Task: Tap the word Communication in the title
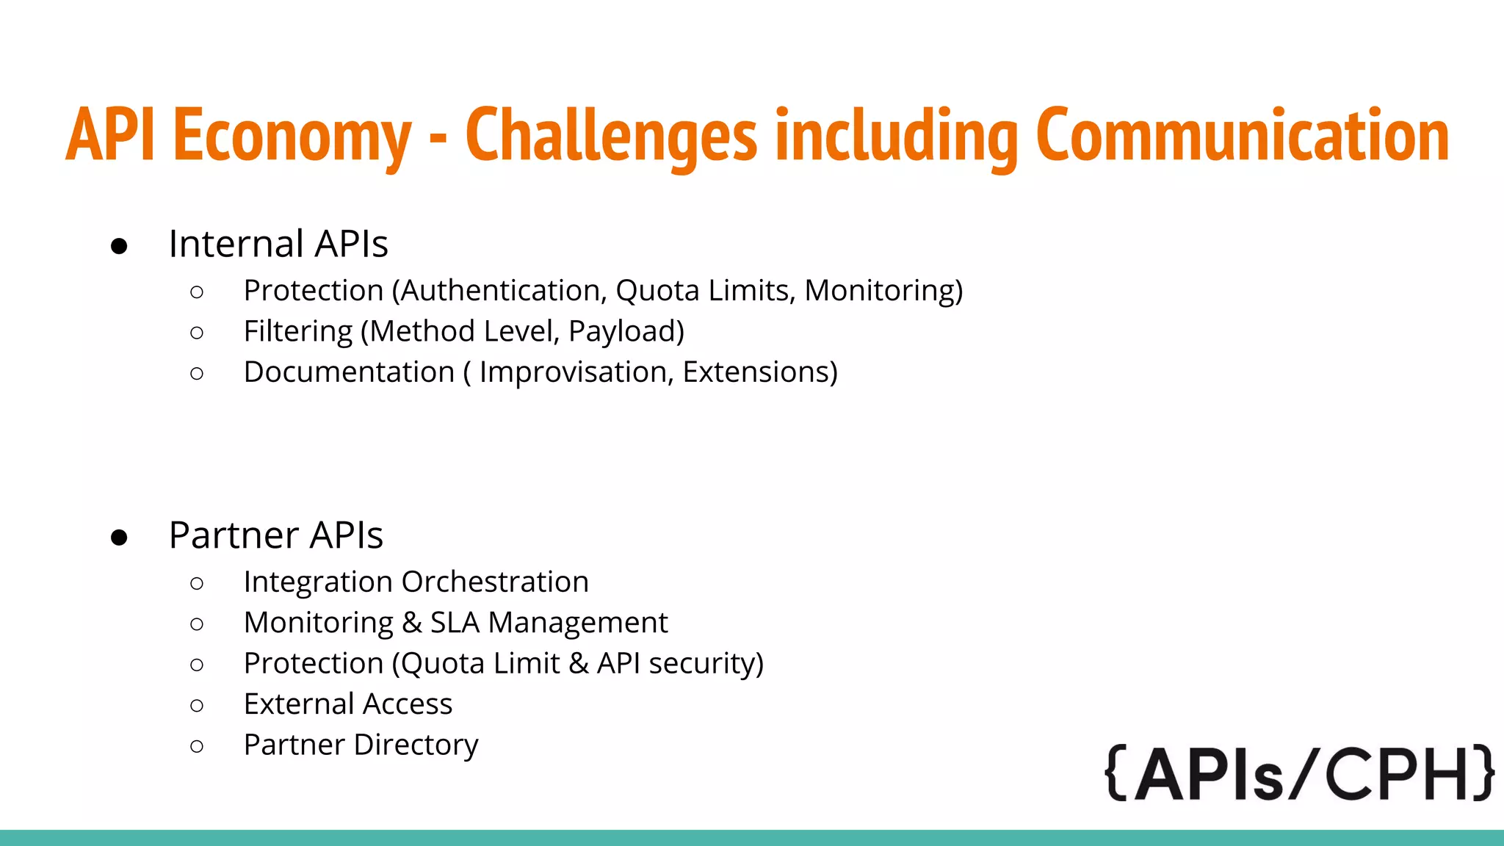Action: pos(1243,135)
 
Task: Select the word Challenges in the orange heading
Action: pos(611,135)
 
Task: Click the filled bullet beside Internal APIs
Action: pos(119,246)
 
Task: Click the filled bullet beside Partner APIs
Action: pos(119,538)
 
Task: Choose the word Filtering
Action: pos(298,332)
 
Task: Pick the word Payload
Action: pos(626,332)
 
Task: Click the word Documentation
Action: pos(349,372)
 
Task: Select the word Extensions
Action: pos(759,372)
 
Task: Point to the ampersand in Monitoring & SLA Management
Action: pos(412,623)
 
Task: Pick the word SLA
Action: pos(455,623)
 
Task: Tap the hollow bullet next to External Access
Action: pos(196,706)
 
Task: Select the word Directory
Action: pos(416,745)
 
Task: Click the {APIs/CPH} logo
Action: pos(1298,773)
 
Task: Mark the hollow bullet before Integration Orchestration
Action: pos(196,584)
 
